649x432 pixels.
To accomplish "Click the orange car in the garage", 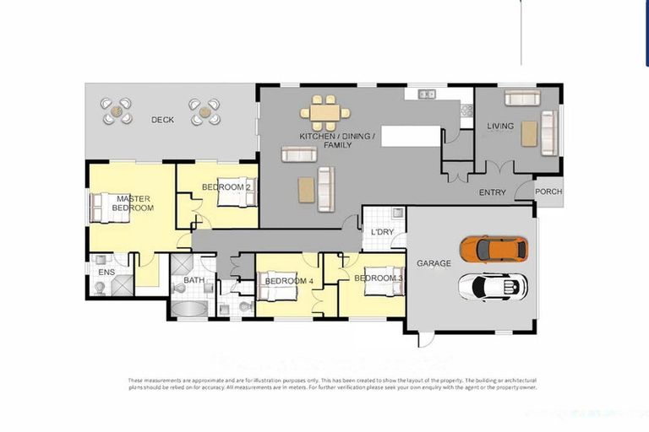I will pyautogui.click(x=494, y=249).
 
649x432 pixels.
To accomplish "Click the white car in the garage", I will pyautogui.click(x=493, y=287).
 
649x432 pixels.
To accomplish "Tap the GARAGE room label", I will pyautogui.click(x=434, y=263).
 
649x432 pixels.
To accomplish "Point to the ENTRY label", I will pyautogui.click(x=493, y=192).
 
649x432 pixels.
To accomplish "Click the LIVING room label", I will pyautogui.click(x=500, y=127).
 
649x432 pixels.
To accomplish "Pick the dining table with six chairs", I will pyautogui.click(x=324, y=112).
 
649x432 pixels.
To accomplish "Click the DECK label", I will pyautogui.click(x=162, y=120).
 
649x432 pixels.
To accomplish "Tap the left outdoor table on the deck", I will pyautogui.click(x=117, y=111).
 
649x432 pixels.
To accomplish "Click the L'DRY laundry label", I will pyautogui.click(x=382, y=231).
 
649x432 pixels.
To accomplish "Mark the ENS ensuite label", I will pyautogui.click(x=106, y=273).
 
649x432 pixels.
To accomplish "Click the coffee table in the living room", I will pyautogui.click(x=528, y=134).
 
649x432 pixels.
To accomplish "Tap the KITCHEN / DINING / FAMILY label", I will pyautogui.click(x=325, y=140).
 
